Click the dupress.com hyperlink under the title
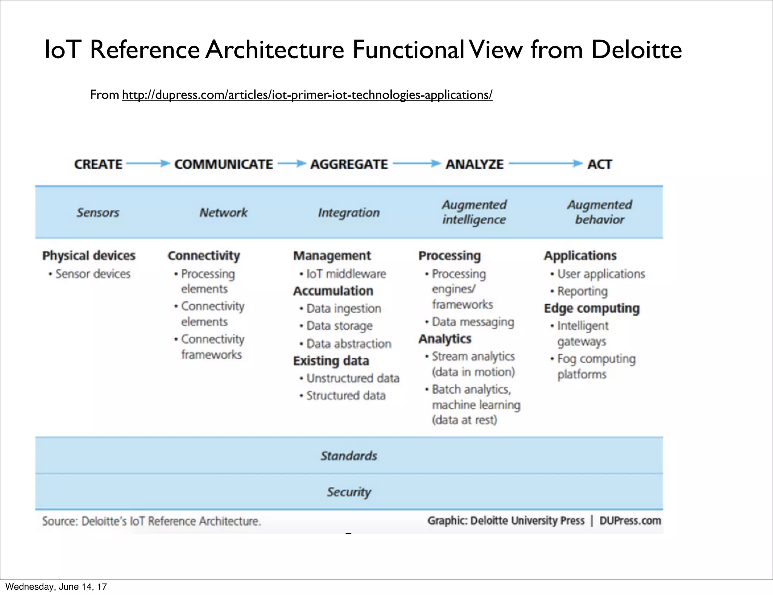(307, 95)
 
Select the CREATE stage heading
(98, 165)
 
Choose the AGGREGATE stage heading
(349, 165)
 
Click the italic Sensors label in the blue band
(98, 213)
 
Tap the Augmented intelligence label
(474, 212)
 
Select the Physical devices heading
(89, 256)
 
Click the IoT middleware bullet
(346, 274)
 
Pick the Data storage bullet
(339, 326)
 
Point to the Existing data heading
(331, 361)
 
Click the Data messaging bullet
(473, 322)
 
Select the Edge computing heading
(591, 308)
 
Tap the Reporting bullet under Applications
(582, 291)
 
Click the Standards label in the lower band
(349, 456)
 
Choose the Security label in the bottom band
(349, 492)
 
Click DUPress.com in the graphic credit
(630, 521)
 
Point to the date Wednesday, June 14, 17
(56, 587)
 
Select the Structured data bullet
(346, 396)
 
